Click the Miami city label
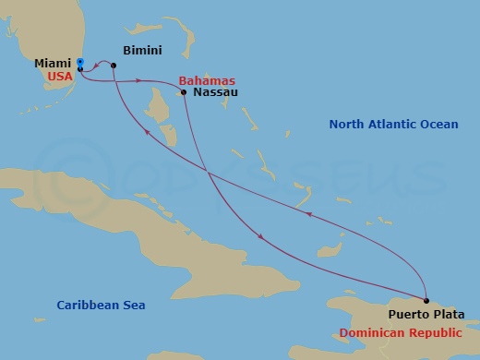[x=53, y=63]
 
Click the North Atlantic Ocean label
[x=394, y=124]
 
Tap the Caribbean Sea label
[x=101, y=305]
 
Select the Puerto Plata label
[x=426, y=316]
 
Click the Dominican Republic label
[x=408, y=331]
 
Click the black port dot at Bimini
[x=114, y=66]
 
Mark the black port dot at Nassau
[x=184, y=92]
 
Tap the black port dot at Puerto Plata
[x=426, y=301]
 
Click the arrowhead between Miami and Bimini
[x=98, y=65]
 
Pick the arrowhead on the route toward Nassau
[x=138, y=81]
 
